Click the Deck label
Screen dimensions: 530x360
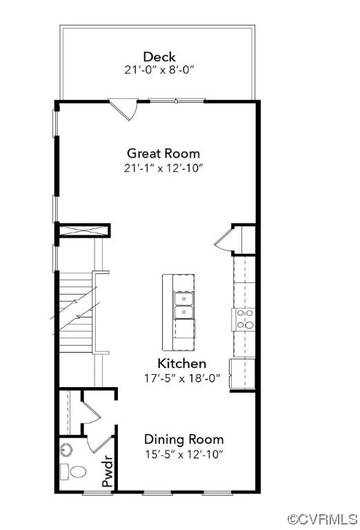[159, 57]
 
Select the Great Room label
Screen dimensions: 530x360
[163, 153]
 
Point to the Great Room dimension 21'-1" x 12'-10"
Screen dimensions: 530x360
[163, 168]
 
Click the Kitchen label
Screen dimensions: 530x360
[181, 363]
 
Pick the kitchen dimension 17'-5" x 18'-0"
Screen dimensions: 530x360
[181, 377]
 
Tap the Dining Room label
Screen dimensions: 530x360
[183, 439]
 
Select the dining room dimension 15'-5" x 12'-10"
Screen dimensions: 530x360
[183, 453]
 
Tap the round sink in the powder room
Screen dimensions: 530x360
[66, 450]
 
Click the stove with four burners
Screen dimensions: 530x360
[244, 319]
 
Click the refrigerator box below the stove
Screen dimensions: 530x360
[242, 373]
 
